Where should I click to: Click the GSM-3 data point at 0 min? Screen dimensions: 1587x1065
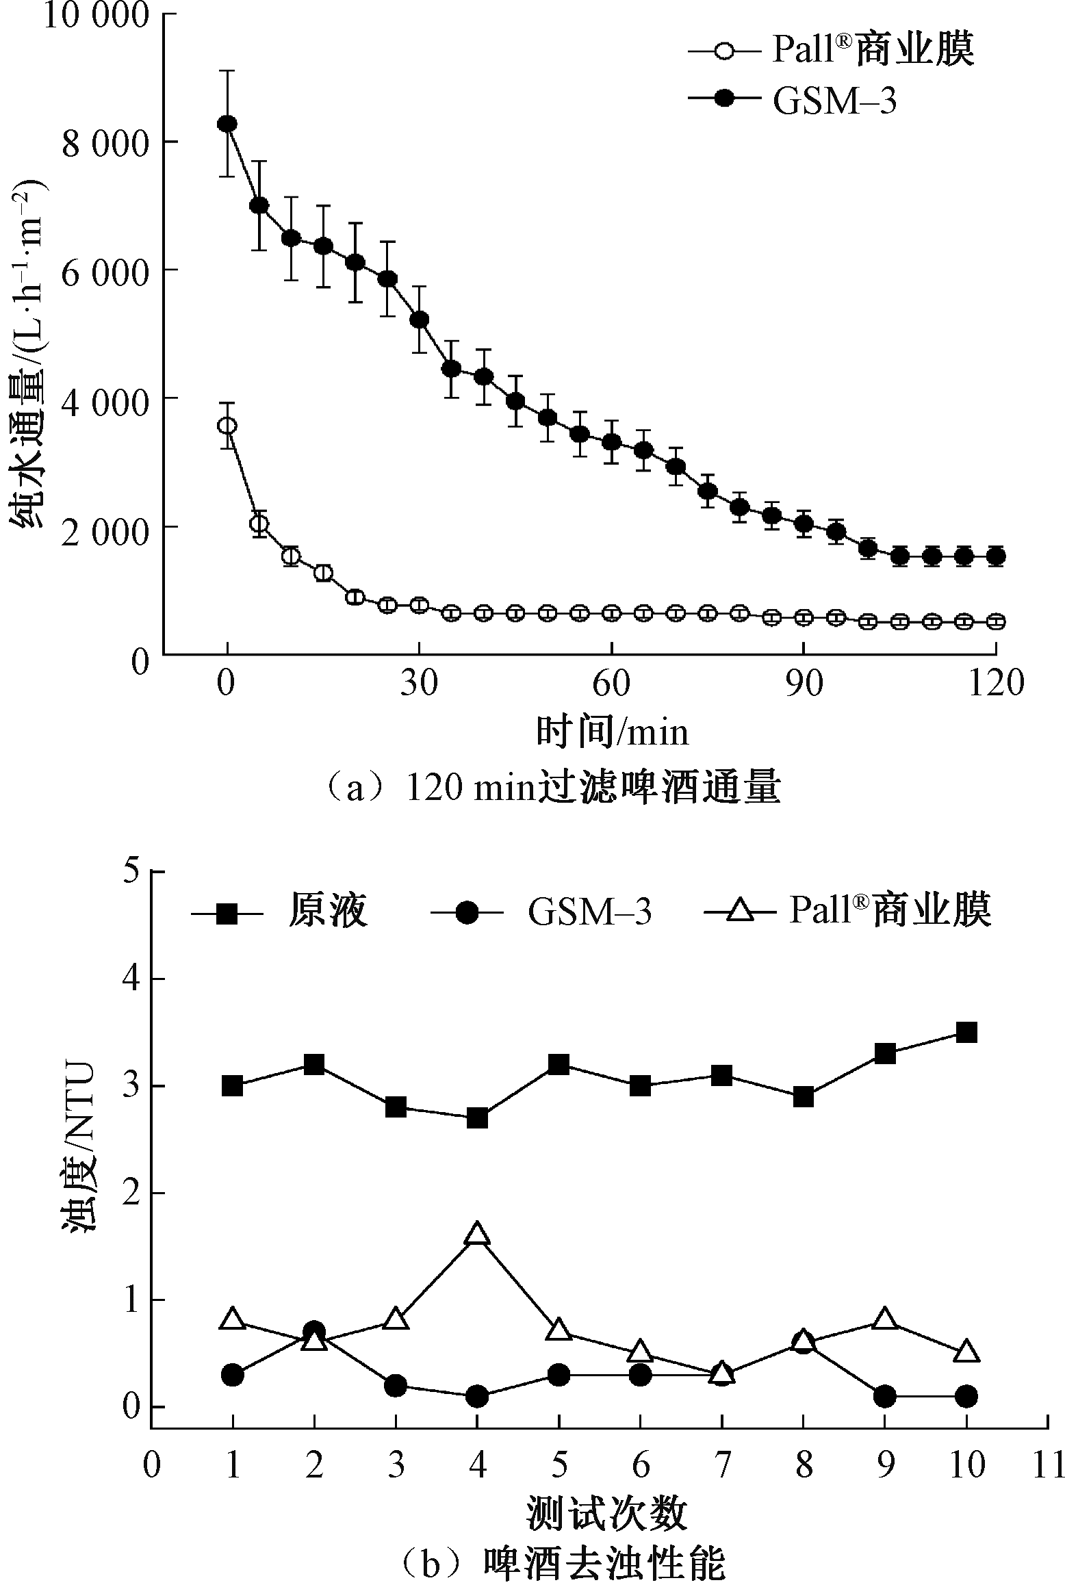(x=227, y=124)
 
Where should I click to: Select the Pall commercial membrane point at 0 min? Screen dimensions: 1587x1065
(x=227, y=426)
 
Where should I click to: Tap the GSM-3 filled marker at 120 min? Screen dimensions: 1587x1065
(x=996, y=556)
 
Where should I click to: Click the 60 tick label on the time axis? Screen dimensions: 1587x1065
(x=611, y=684)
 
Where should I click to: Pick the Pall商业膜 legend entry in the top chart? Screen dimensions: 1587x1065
(x=832, y=49)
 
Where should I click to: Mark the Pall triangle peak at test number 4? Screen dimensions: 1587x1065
(x=477, y=1235)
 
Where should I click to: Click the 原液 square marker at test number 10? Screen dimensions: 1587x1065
(x=966, y=1033)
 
